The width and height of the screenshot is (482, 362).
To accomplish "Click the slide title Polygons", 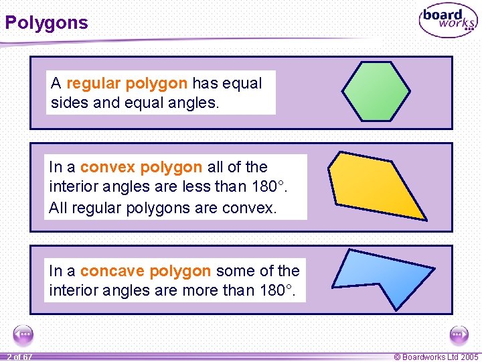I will (x=46, y=23).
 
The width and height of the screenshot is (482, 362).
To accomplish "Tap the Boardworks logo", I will (x=448, y=21).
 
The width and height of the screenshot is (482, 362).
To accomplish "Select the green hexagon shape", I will (x=376, y=91).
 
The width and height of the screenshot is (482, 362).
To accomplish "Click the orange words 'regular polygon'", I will (x=127, y=84).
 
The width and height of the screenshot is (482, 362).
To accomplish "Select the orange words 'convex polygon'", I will (x=141, y=167).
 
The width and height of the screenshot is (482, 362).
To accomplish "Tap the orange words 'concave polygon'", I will (x=145, y=271).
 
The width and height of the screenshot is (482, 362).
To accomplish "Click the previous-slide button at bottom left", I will (x=23, y=335).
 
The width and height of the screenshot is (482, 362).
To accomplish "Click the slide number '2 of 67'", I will (x=19, y=357).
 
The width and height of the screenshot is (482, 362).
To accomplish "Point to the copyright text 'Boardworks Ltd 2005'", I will (x=436, y=357).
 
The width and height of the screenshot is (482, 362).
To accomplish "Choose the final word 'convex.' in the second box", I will (x=250, y=208).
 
